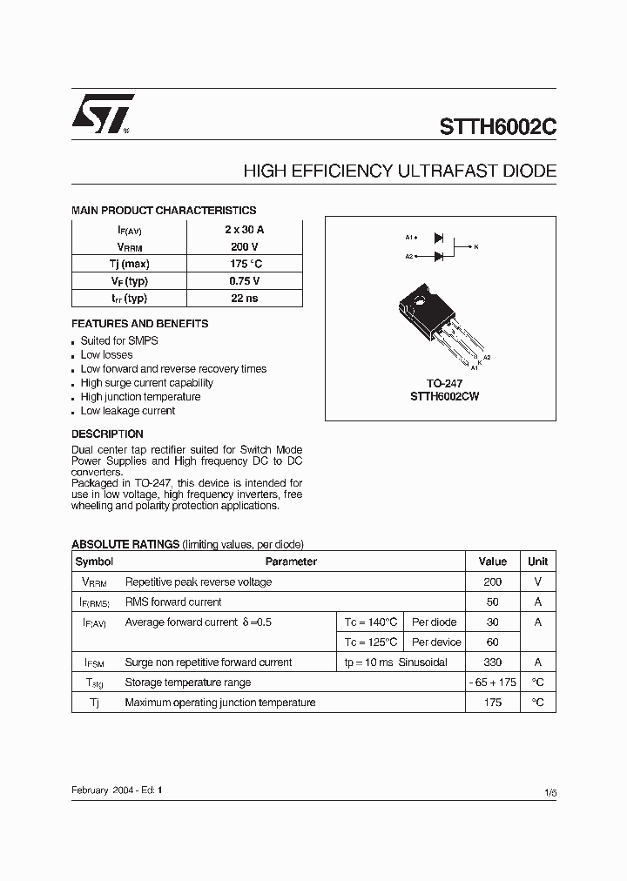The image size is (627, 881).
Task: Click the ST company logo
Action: click(x=102, y=113)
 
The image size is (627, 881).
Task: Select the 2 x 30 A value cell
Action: click(x=244, y=229)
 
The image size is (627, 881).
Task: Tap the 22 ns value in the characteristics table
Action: click(x=244, y=298)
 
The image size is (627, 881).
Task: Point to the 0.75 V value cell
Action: click(x=244, y=280)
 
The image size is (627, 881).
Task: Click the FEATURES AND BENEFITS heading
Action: click(x=139, y=324)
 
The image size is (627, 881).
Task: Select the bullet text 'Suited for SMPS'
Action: click(x=119, y=341)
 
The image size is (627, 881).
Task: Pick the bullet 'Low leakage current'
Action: click(x=128, y=411)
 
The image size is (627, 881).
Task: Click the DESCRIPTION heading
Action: click(x=107, y=434)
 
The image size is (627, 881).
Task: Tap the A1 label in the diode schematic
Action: click(x=409, y=237)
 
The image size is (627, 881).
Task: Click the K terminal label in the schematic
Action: click(x=476, y=246)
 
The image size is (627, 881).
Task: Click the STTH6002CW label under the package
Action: click(x=444, y=396)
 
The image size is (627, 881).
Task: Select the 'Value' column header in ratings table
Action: click(x=493, y=562)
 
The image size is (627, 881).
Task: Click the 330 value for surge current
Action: click(x=493, y=662)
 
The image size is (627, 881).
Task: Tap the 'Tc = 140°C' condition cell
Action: click(x=371, y=622)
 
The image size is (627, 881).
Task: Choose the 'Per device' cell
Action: click(x=436, y=642)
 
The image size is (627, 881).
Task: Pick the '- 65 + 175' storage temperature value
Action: click(x=493, y=683)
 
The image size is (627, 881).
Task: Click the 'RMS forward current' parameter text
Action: click(x=173, y=602)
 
